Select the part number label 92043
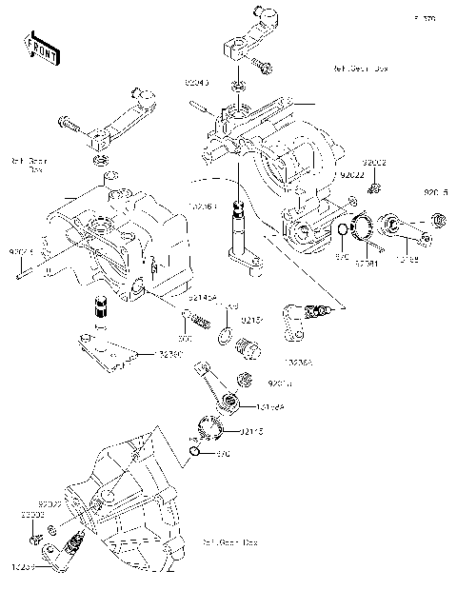[196, 84]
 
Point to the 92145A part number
[203, 297]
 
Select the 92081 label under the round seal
[368, 262]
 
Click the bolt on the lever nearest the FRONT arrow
[70, 122]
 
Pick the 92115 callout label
[251, 432]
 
